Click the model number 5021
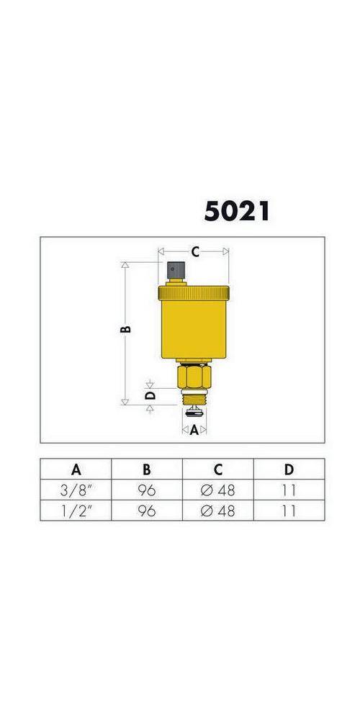(236, 211)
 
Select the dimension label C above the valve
(194, 251)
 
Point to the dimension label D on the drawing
(150, 395)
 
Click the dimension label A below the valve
(194, 431)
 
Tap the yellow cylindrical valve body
(194, 328)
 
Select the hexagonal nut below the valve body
(194, 376)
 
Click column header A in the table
(76, 469)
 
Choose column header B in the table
(146, 469)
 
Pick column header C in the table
(218, 469)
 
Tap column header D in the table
(289, 469)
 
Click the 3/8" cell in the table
(76, 490)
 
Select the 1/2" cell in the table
(76, 510)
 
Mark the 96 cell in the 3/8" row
(146, 490)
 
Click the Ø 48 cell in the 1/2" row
(218, 510)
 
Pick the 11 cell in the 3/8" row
(289, 490)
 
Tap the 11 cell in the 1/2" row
(289, 510)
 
